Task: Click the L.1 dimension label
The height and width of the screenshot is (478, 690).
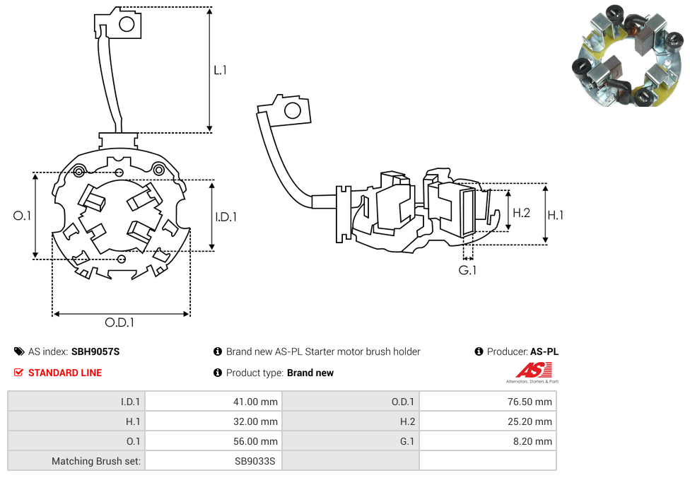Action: (221, 70)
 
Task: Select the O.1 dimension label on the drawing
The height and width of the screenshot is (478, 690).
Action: (23, 216)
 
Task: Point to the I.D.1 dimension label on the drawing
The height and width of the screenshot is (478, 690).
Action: (226, 217)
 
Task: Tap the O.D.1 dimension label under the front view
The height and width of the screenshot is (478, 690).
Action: (119, 322)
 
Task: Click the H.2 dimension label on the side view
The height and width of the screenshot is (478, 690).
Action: (521, 212)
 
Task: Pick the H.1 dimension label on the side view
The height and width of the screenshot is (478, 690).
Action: (556, 215)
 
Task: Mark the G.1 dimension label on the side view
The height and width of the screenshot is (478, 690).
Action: (467, 270)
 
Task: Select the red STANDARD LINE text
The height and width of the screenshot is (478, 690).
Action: (65, 373)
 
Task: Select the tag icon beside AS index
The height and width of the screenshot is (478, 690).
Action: (19, 351)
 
